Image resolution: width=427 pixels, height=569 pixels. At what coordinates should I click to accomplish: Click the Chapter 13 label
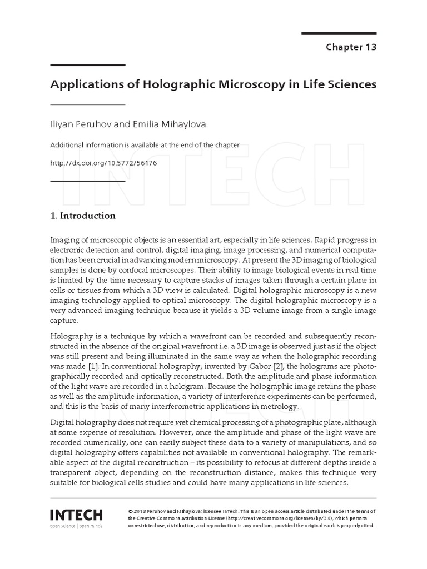[351, 47]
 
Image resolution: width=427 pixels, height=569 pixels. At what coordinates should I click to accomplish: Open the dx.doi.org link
[103, 163]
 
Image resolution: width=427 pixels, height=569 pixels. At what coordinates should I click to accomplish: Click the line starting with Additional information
[145, 145]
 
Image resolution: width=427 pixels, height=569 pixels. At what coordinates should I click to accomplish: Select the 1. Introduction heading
[83, 216]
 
